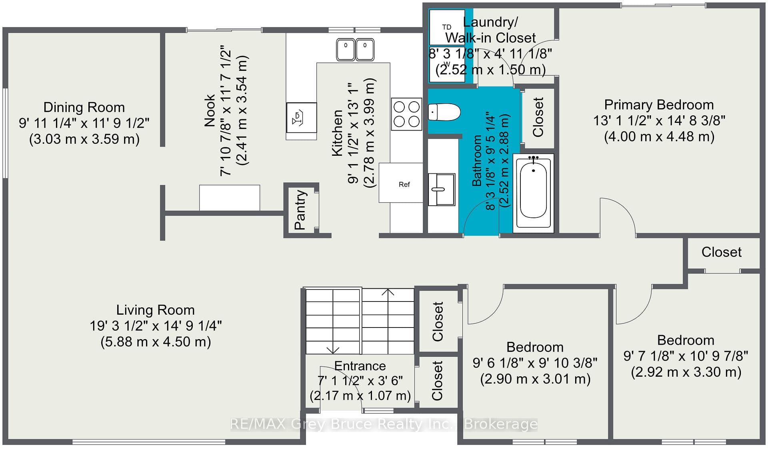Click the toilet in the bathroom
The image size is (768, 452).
click(444, 112)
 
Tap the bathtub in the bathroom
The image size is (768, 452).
click(533, 193)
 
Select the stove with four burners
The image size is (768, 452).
click(406, 114)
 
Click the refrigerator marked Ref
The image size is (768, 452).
click(401, 183)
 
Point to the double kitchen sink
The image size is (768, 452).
click(355, 50)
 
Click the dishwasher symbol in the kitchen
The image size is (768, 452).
click(301, 118)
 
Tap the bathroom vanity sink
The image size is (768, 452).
click(442, 189)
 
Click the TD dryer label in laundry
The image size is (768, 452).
click(447, 27)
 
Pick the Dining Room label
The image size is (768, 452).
click(84, 107)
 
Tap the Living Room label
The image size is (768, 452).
click(155, 310)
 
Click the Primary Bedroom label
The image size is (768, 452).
click(659, 105)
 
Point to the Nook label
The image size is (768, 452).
click(210, 110)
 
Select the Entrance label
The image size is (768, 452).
click(360, 366)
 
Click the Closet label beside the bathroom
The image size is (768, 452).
click(538, 117)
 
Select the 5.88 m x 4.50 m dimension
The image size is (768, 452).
click(156, 342)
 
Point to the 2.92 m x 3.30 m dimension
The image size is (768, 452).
click(686, 372)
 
